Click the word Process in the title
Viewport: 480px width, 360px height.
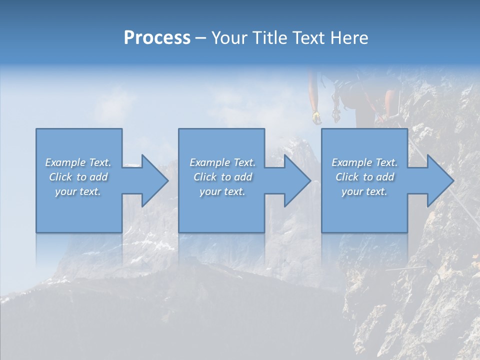157,38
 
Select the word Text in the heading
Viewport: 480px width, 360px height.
308,38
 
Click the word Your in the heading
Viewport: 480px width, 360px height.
227,38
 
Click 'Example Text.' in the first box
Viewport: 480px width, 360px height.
78,162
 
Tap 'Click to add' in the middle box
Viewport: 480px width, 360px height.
222,177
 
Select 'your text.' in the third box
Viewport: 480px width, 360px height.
364,191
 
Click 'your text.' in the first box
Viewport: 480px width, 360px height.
78,191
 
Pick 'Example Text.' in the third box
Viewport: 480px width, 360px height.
364,162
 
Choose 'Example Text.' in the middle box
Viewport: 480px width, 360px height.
222,162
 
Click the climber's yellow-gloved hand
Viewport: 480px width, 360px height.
315,117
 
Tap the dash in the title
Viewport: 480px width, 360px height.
200,38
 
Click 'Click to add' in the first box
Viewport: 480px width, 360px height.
78,177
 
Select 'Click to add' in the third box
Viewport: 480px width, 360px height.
364,177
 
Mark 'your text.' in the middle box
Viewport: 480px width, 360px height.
222,191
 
